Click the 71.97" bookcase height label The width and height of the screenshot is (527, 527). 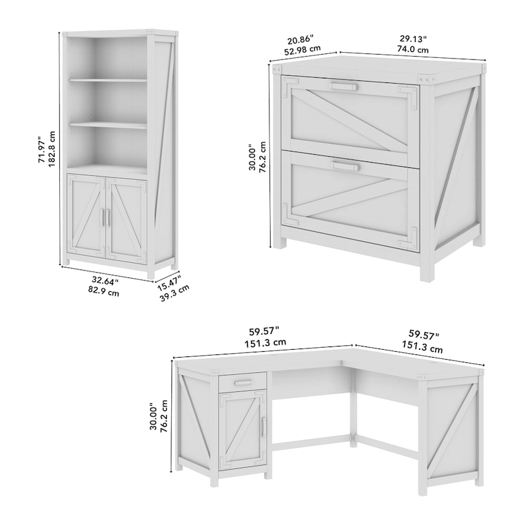coord(42,151)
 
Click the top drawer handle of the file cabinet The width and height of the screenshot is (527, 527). coord(345,86)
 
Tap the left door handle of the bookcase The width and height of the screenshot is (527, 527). coord(101,217)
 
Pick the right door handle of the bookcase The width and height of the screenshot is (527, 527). coord(107,217)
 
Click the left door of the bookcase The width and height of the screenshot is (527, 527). coord(86,217)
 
